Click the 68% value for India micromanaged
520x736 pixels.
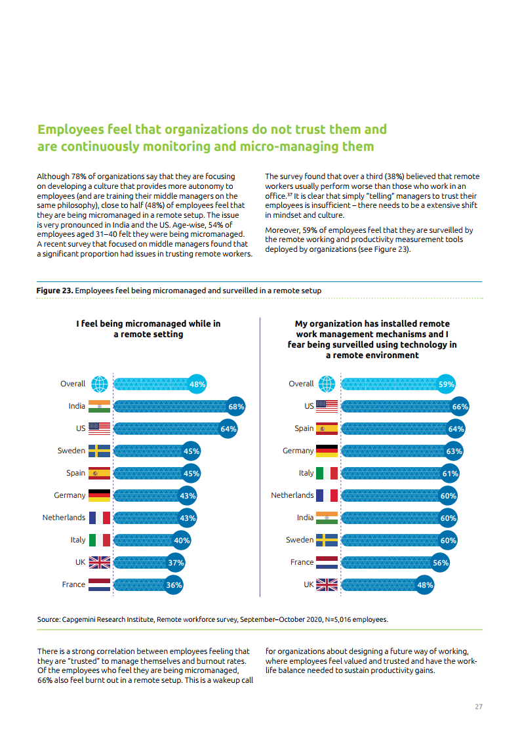(x=236, y=407)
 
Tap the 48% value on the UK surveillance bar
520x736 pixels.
(x=425, y=584)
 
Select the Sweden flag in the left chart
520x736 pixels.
(x=99, y=451)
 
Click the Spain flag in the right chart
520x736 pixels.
(x=327, y=429)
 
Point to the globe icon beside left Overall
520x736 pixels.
(x=100, y=384)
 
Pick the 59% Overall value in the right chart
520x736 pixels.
(x=446, y=384)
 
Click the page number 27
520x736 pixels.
(x=479, y=706)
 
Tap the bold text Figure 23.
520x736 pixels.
(x=54, y=290)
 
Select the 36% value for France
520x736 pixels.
(x=173, y=584)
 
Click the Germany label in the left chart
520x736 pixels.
(x=70, y=495)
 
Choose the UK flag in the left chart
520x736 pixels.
(x=99, y=562)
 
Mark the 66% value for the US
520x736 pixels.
(x=460, y=407)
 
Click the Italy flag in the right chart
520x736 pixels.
(x=327, y=473)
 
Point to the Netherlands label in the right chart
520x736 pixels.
(x=292, y=495)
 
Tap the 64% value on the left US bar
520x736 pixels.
(x=228, y=429)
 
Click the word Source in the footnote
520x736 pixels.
(x=48, y=619)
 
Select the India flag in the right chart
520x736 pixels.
(x=327, y=518)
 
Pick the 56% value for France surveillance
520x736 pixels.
(x=441, y=562)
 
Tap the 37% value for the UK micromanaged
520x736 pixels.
(x=175, y=562)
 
